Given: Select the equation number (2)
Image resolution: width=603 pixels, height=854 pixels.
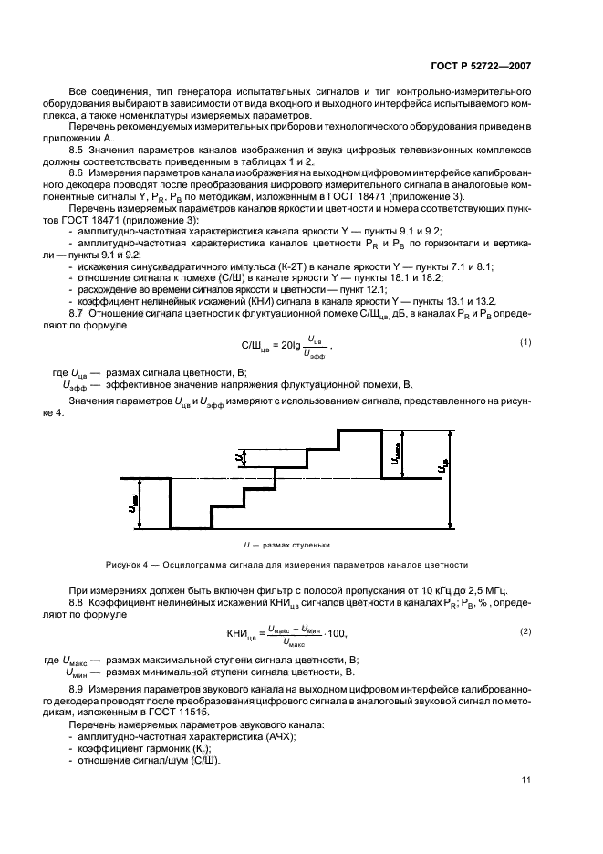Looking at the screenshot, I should tap(525, 631).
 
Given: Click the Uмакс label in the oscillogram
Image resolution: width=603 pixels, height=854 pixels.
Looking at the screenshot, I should tap(397, 453).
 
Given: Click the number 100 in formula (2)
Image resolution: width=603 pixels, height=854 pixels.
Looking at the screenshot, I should tap(337, 633).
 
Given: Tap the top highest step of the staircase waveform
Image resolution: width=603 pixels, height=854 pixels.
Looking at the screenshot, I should tap(359, 430).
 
